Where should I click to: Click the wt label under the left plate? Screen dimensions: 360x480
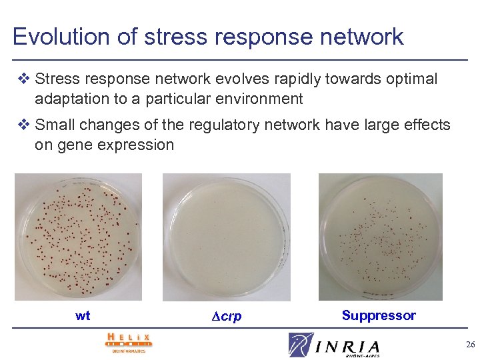click(83, 316)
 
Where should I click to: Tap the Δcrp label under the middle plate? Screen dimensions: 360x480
click(227, 317)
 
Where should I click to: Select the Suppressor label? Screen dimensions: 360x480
click(379, 315)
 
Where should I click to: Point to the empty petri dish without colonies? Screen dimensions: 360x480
click(227, 237)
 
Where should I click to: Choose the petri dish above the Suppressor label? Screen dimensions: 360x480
click(381, 237)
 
